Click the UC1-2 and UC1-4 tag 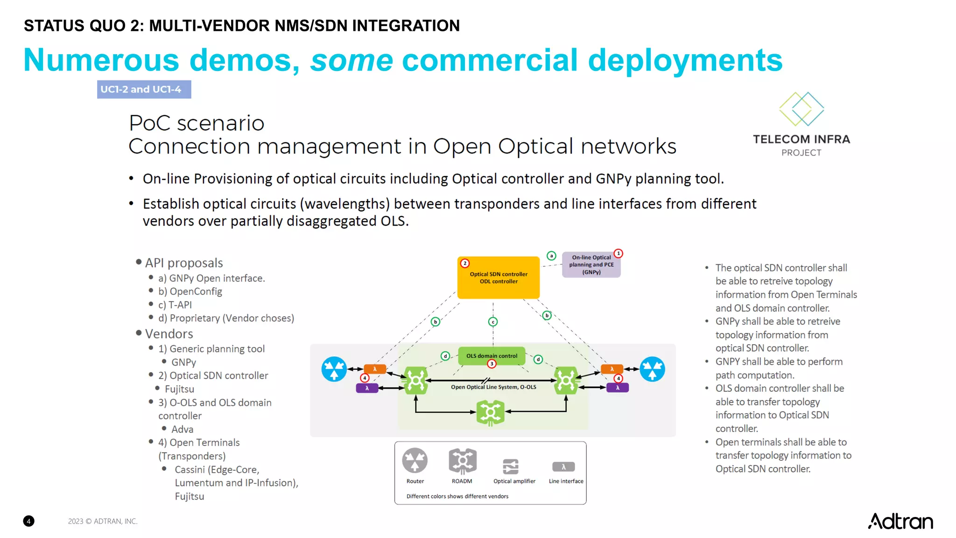tap(144, 89)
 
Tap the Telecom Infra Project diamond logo tap(801, 109)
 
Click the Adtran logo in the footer tap(900, 521)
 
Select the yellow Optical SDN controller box tap(499, 278)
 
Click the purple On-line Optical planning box tap(591, 265)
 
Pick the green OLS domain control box tap(492, 356)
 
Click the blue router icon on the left tap(334, 369)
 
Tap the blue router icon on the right tap(652, 369)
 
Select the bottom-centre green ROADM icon tap(491, 412)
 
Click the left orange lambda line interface tap(375, 369)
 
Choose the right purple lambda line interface tap(617, 388)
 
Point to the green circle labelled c tap(493, 322)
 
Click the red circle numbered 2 tap(465, 263)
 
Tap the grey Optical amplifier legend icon tap(511, 466)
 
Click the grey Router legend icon tap(415, 460)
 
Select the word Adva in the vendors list tap(182, 429)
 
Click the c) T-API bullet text tap(175, 305)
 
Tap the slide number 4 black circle tap(28, 521)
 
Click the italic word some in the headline tap(351, 60)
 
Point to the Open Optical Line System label tap(493, 387)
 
